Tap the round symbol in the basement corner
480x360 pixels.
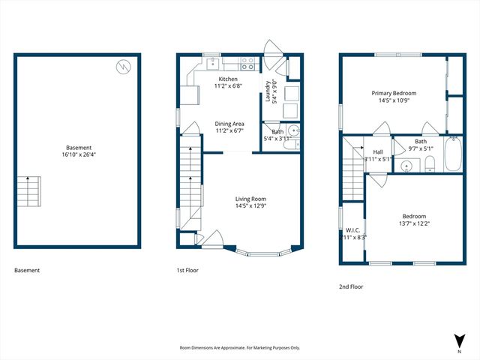click(123, 67)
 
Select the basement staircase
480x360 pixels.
click(28, 192)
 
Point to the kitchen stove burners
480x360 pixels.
click(246, 65)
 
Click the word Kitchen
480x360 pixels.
click(228, 79)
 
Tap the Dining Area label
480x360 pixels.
click(229, 124)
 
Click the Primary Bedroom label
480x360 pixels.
click(394, 93)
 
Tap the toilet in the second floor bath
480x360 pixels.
click(430, 167)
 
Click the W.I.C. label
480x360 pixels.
click(352, 229)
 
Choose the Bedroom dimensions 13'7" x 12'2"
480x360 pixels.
click(413, 223)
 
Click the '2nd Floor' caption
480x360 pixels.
click(352, 286)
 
